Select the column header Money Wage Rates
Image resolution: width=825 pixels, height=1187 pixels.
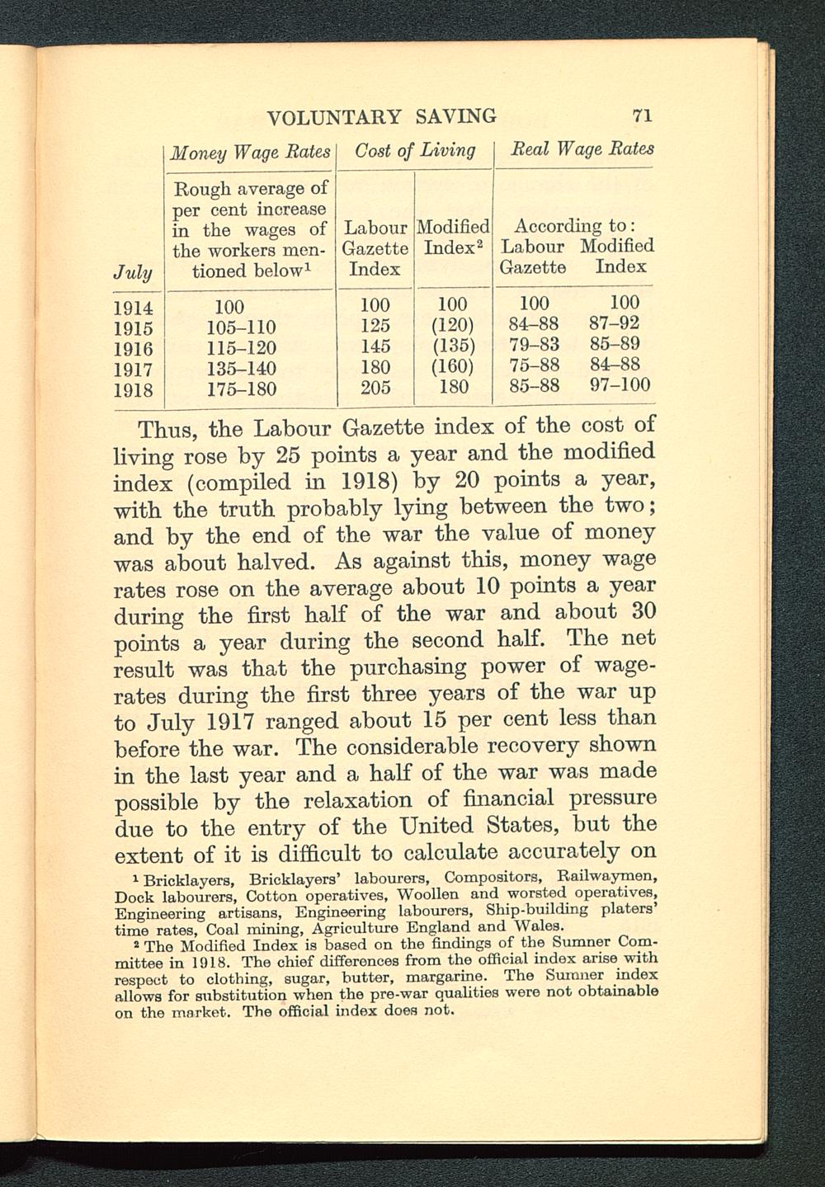[x=249, y=152]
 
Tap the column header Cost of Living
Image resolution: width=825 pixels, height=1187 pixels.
[x=415, y=150]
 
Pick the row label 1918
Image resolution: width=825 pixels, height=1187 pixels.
[x=134, y=389]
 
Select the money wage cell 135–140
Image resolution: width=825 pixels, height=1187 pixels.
[x=241, y=368]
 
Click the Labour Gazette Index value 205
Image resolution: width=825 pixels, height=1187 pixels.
[x=375, y=388]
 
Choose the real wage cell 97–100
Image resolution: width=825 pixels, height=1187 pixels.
[x=620, y=385]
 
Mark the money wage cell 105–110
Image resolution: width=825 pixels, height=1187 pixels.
[x=241, y=327]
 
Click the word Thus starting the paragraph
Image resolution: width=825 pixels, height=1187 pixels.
[x=168, y=430]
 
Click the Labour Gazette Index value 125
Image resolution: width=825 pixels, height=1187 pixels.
[x=375, y=325]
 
